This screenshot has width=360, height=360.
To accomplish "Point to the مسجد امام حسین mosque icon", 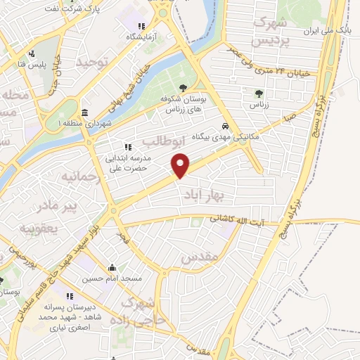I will coord(112,268).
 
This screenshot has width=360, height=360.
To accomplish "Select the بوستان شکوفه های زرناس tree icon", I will coord(183,88).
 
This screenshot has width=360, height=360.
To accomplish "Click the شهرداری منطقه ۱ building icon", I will coord(84,114).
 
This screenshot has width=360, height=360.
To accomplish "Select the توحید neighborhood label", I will coord(94,63).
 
